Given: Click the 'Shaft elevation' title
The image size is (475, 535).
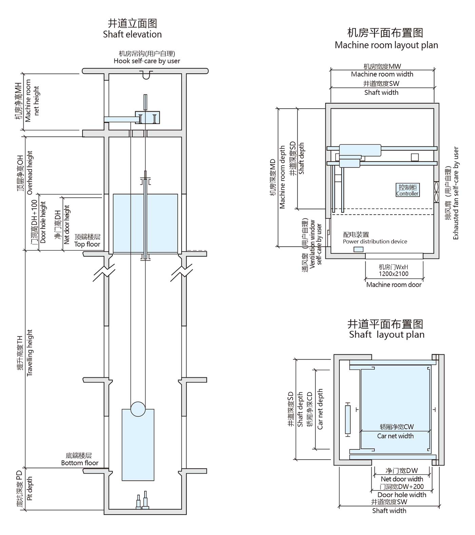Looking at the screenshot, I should coord(132,34).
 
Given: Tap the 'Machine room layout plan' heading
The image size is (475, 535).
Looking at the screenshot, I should coord(386,45).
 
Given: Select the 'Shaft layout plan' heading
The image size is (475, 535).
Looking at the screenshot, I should coord(386,335).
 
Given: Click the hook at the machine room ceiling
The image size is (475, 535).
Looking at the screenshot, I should coord(146,75).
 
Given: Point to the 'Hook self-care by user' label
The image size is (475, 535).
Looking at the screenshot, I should coord(147,61).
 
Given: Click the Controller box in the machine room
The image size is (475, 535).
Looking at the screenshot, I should coord(407,190).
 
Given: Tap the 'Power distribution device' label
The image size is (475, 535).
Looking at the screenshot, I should coord(375,242).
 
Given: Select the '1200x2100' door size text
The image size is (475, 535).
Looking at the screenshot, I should coord(394,274).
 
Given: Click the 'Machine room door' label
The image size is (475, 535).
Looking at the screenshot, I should coord(394,285).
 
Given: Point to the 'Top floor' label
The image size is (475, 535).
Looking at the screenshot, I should coord(87,244).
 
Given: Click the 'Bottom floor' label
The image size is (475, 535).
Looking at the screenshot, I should coord(80,463).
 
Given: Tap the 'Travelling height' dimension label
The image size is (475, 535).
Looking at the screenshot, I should coord(30,353).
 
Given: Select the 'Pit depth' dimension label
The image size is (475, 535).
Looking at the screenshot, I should coord(30,488).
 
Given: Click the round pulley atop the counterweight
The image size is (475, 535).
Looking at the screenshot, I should coord(138,409).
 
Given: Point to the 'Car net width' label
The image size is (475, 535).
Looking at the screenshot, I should coord(395,436).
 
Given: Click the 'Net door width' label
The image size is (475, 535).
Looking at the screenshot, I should coord(402,479).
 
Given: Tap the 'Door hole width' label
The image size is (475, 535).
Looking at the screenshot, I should coord(402,495).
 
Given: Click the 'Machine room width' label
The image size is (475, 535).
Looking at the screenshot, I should coord(382,74).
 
